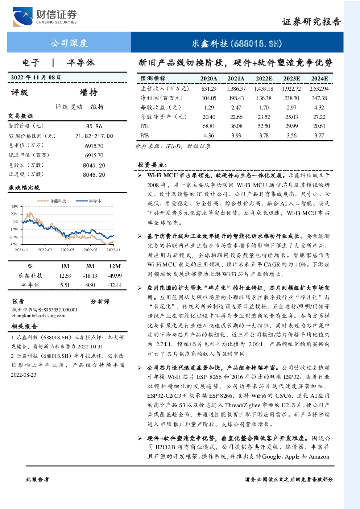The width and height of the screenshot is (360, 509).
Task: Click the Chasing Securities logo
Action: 45,17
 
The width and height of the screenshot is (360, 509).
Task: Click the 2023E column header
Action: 291,79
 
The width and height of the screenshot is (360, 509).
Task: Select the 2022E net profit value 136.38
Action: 264,98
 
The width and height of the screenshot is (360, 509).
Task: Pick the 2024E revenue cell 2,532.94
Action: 319,88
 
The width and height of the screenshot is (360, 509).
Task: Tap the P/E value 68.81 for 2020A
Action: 209,126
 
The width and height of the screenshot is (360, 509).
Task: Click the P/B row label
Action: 145,136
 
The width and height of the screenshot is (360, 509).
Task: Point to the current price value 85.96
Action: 94,126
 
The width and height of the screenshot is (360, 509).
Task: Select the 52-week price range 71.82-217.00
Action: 94,136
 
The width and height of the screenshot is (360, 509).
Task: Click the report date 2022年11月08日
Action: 36,78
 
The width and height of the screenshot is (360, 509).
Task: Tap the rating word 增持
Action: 88,92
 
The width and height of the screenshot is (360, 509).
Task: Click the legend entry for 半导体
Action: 88,201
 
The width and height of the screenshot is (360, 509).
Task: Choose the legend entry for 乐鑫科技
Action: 51,201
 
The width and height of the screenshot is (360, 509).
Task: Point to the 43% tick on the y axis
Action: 14,206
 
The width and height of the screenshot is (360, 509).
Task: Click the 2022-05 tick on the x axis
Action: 67,250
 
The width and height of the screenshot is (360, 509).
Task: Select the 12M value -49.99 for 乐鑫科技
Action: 115,276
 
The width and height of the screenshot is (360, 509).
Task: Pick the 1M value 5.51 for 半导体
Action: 65,285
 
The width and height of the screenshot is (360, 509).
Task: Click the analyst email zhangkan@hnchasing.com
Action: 39,316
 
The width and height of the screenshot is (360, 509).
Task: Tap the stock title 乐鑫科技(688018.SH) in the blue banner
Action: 237,44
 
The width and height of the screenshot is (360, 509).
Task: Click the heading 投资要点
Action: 152,165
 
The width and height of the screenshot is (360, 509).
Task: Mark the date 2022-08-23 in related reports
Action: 24,375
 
